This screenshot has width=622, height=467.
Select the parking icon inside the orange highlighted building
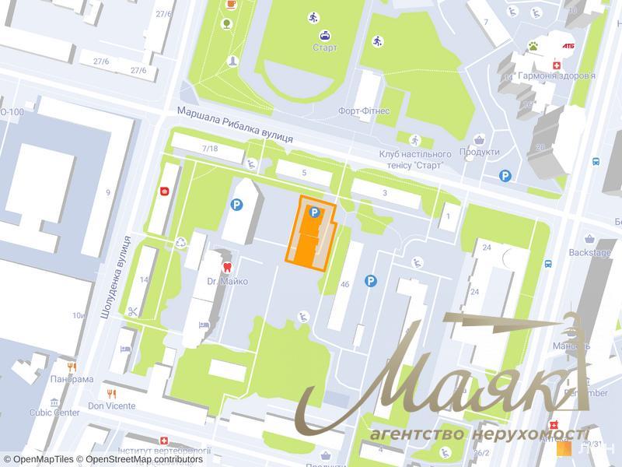point(314,212)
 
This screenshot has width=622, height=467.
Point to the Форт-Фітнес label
point(364,111)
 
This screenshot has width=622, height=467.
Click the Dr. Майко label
point(228,281)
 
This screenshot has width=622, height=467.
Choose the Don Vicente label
point(111,406)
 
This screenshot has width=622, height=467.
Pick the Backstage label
point(590,252)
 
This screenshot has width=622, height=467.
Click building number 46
point(344,285)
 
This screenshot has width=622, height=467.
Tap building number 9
point(107,192)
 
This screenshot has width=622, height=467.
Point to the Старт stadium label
point(326,48)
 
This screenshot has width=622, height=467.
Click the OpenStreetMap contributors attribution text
point(144,459)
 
